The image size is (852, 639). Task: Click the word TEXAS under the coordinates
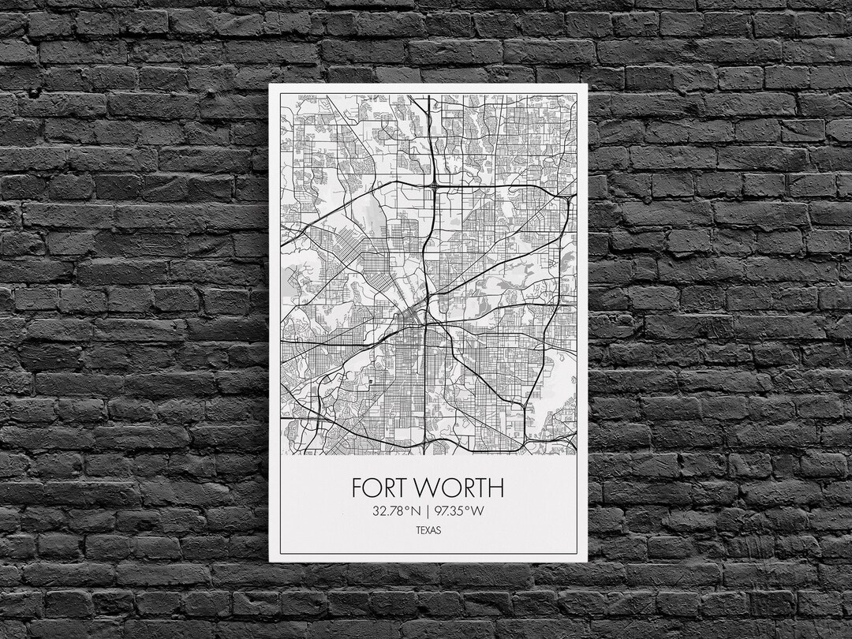pos(428,530)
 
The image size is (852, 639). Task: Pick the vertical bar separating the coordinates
pos(427,511)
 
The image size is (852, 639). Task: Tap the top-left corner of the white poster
pos(270,84)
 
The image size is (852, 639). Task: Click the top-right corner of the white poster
pos(587,84)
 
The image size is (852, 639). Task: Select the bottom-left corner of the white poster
pos(270,561)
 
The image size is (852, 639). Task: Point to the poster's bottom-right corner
pos(587,561)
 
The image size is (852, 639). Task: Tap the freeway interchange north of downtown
pos(434,187)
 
